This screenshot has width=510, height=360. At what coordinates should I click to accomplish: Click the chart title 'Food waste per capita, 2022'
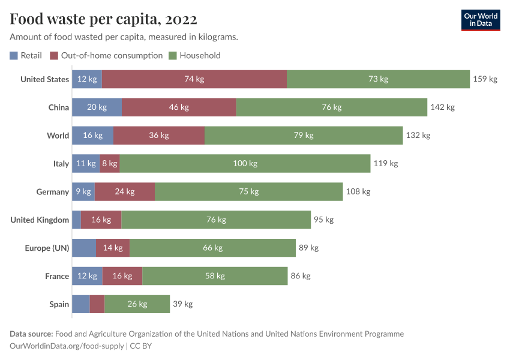(x=103, y=19)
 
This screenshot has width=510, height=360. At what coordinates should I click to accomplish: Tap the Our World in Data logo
(x=480, y=20)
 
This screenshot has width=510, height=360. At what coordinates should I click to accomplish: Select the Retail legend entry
(x=26, y=55)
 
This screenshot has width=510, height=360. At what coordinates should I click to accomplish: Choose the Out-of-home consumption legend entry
(x=106, y=55)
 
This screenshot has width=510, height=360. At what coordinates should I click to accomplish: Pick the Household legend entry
(x=194, y=55)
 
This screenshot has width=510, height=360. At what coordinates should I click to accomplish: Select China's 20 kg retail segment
(x=97, y=107)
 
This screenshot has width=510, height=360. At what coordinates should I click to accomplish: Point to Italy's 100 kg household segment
(x=245, y=163)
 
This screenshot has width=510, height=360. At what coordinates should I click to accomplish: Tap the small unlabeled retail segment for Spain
(x=80, y=304)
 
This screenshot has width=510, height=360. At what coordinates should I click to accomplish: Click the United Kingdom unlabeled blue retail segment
(x=76, y=220)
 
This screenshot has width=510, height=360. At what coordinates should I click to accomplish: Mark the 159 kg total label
(x=485, y=79)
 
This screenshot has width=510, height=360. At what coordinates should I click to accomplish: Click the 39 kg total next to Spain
(x=182, y=304)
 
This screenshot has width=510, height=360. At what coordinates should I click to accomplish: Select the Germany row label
(x=52, y=191)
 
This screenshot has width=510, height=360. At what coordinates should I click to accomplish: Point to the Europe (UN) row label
(x=47, y=248)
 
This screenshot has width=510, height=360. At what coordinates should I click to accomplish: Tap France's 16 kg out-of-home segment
(x=122, y=276)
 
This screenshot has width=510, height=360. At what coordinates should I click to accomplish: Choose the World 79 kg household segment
(x=304, y=135)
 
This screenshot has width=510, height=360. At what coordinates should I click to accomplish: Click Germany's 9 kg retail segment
(x=83, y=191)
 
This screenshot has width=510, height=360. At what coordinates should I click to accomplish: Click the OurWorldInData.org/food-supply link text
(x=67, y=346)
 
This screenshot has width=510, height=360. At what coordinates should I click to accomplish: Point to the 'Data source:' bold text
(x=31, y=334)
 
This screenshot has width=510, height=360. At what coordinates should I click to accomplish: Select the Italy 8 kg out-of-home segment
(x=110, y=163)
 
